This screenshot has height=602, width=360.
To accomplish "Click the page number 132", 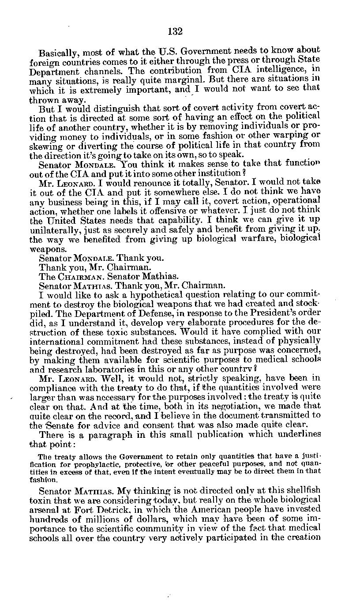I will pyautogui.click(x=175, y=31).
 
